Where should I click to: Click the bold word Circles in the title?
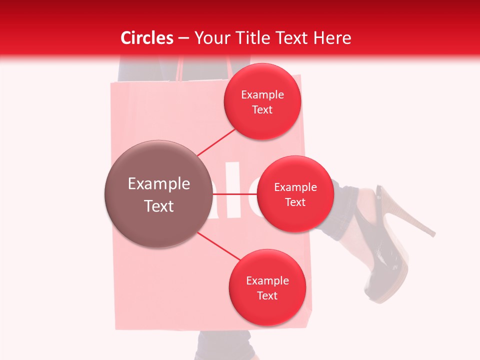[146, 38]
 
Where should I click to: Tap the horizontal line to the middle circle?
[234, 193]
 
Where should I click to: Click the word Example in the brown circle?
[159, 184]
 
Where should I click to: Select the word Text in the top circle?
[262, 110]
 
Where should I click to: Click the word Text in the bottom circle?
[267, 295]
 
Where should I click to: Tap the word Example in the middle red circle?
[295, 187]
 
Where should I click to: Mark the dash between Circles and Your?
[183, 38]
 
